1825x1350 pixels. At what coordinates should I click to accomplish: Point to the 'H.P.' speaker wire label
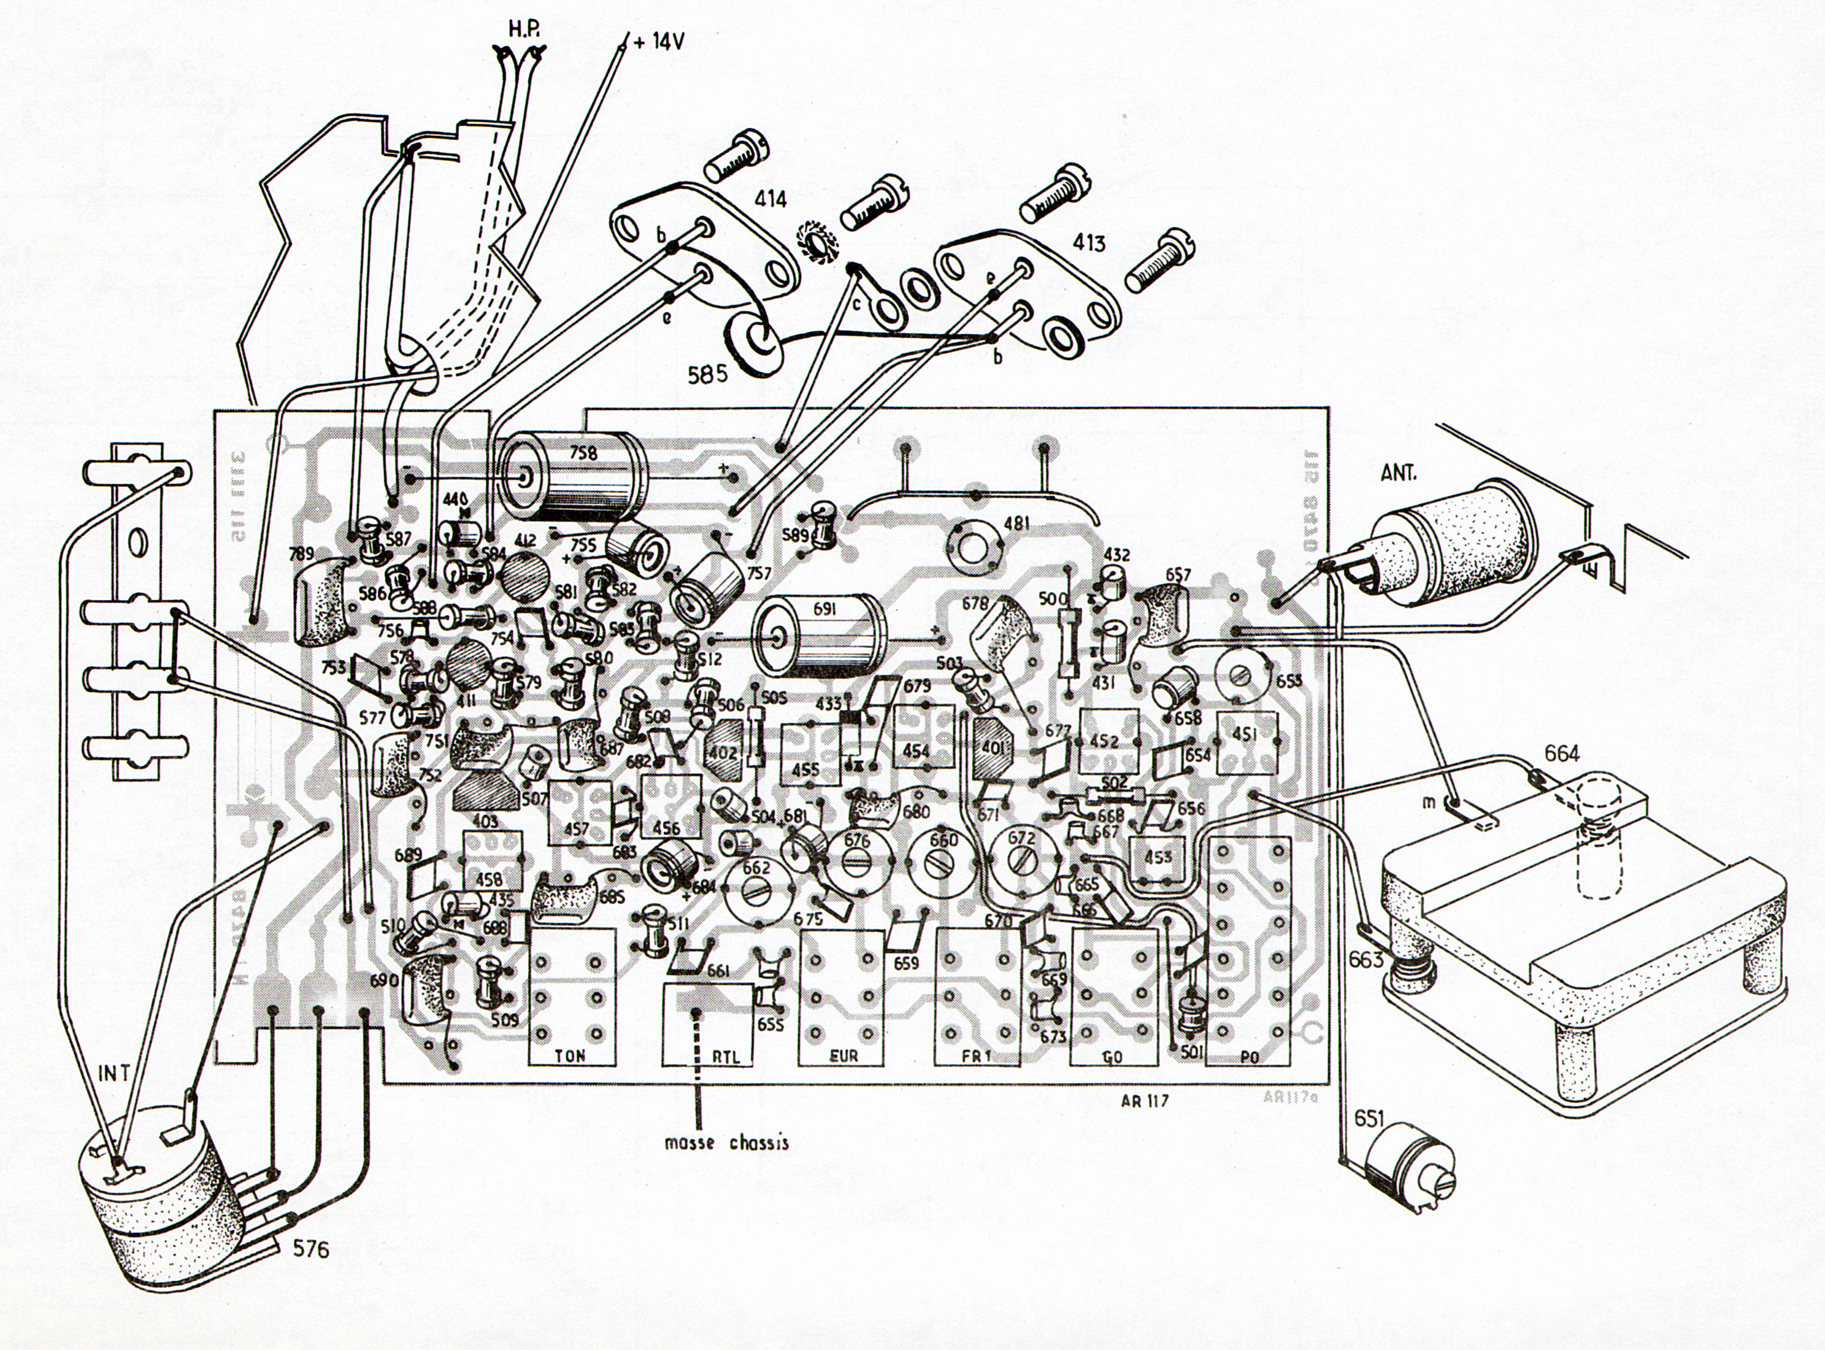point(523,29)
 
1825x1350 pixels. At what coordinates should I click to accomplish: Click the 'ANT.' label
point(1399,473)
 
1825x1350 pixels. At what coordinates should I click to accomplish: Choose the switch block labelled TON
point(571,995)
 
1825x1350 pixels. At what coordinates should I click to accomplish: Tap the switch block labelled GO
point(1113,995)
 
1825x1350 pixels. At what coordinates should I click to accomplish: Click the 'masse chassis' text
point(727,1143)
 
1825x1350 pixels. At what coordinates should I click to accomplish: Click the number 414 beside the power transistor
point(770,199)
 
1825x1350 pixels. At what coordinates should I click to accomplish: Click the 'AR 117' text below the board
point(1145,1101)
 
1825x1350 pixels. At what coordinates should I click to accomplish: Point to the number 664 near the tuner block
point(1562,754)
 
